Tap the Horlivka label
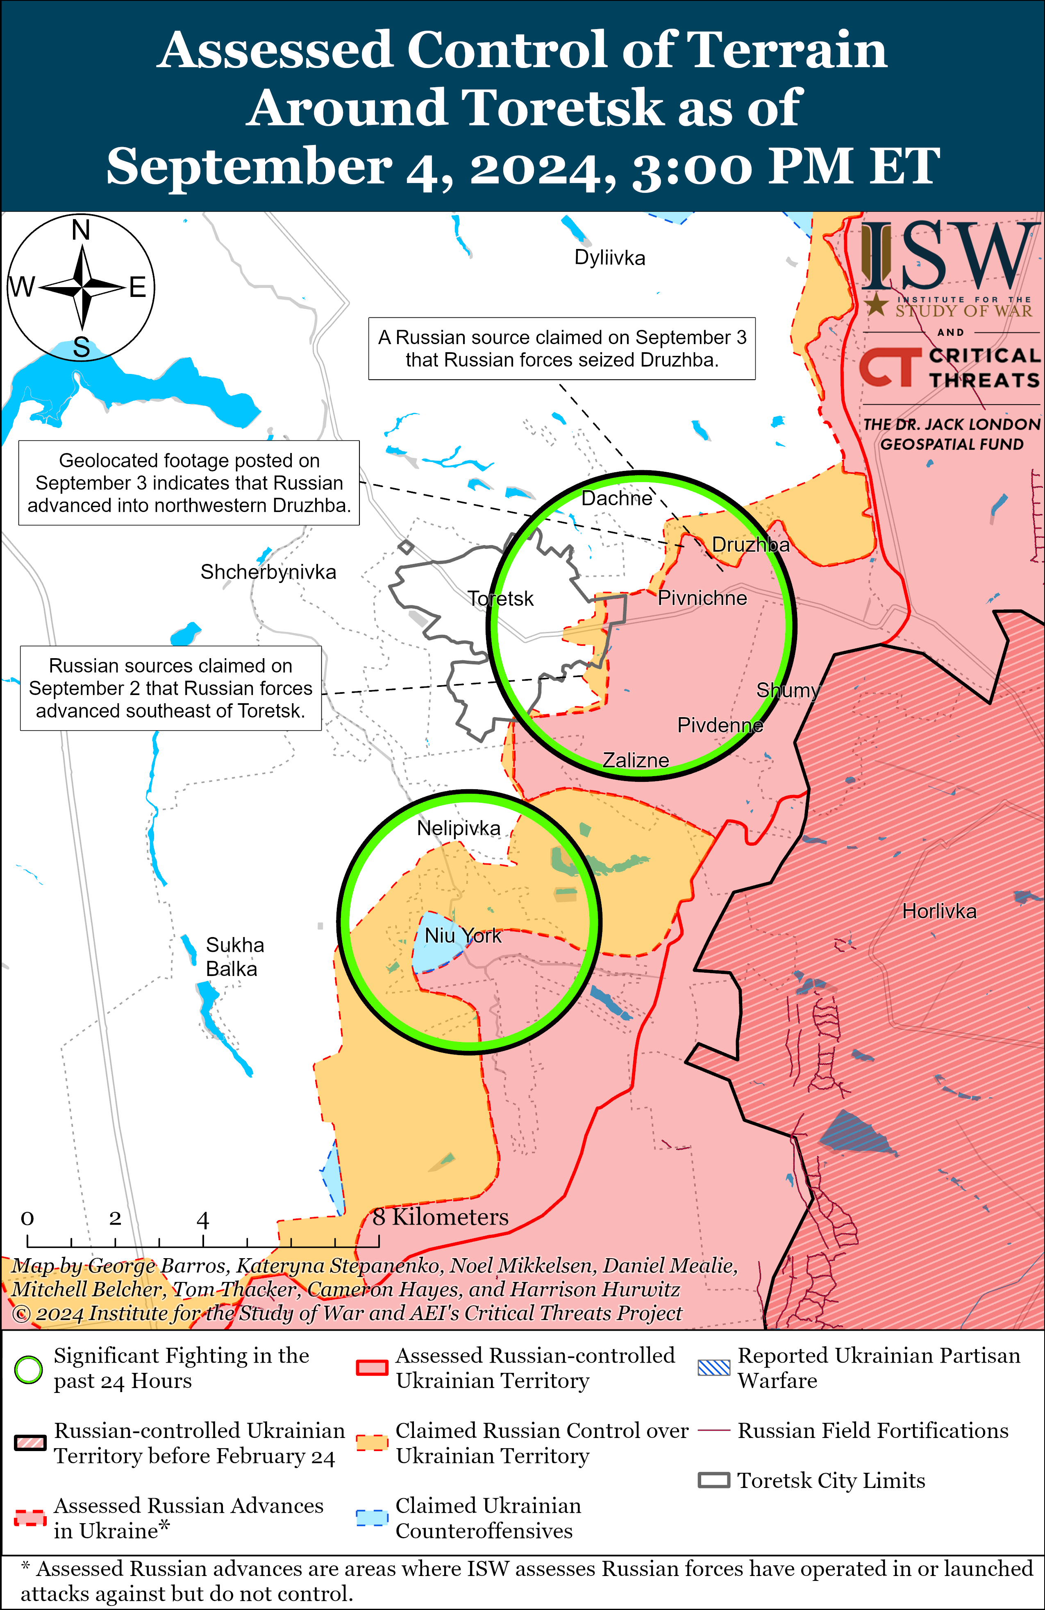pos(939,911)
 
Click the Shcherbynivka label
pos(268,572)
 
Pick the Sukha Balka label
pos(234,956)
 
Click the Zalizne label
pos(636,760)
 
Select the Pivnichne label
pos(702,598)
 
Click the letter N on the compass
pos(81,231)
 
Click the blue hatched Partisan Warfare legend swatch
pos(713,1368)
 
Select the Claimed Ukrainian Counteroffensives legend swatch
pos(372,1517)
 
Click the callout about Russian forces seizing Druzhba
pos(562,349)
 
